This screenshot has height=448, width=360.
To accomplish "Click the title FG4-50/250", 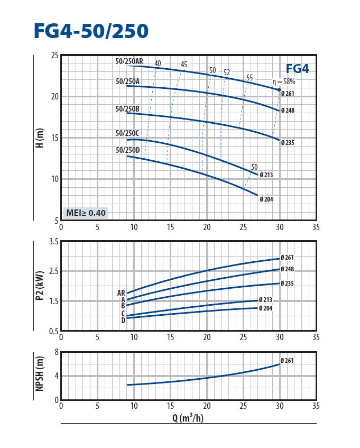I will coord(91,31).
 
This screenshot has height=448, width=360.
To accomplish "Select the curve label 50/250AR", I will coord(129,62).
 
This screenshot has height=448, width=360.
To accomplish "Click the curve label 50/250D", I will coord(127,151).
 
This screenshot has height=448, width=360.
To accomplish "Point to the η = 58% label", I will coord(283,81).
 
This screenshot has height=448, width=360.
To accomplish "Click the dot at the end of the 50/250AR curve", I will coord(279,90).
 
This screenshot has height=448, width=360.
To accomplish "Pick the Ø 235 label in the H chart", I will coord(288,142).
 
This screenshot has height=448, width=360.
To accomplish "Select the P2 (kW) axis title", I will coord(39,286).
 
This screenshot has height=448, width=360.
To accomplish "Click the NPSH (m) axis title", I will coord(39,376).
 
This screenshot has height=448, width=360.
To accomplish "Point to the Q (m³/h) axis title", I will coord(188,418).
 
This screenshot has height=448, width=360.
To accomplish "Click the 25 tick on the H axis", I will coord(54,56).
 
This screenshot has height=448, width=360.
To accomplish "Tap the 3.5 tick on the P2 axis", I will coord(53,242).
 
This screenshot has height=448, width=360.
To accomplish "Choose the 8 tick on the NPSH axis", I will coord(56,352).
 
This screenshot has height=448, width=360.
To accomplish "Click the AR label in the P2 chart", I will coord(121,292).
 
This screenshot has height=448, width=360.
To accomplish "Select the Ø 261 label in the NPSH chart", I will coord(287,361).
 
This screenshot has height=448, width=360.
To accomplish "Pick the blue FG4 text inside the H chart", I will coord(297,69).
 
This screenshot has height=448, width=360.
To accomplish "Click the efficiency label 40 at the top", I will coord(158,63).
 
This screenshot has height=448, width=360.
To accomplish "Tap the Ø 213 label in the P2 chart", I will coord(265,300).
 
